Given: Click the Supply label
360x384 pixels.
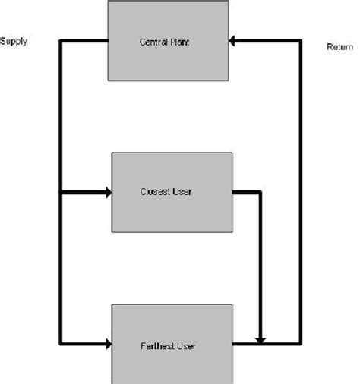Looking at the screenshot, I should (x=14, y=42).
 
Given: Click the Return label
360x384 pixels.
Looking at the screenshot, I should (x=339, y=47).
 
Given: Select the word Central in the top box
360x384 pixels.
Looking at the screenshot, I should (x=153, y=42).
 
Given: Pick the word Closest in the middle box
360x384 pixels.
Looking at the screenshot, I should (x=155, y=192).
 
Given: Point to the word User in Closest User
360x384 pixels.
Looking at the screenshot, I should (x=182, y=192).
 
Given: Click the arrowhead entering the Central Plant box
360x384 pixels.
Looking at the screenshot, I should (x=234, y=41).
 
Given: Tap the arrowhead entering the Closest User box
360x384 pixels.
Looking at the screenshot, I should (x=107, y=193).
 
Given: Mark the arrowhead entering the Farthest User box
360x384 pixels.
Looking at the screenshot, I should (x=107, y=345).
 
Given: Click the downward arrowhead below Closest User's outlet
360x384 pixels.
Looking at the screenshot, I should (x=261, y=338).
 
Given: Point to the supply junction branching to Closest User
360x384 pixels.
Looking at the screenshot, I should (x=60, y=193).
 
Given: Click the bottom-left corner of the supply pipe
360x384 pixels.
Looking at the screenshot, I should (x=60, y=345).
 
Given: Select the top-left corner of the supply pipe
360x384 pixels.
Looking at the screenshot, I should (x=60, y=41).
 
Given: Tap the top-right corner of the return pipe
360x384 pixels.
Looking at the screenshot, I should (x=301, y=41).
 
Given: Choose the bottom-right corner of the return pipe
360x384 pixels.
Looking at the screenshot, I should (x=301, y=345).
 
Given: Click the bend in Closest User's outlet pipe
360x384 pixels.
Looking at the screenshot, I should (x=261, y=193).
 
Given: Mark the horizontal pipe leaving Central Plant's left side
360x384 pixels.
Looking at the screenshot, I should (x=84, y=41).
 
